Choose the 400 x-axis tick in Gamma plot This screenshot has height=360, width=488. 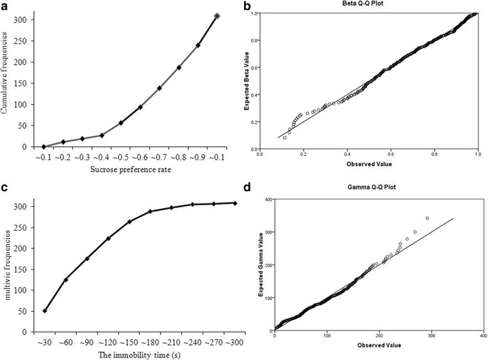479,335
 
